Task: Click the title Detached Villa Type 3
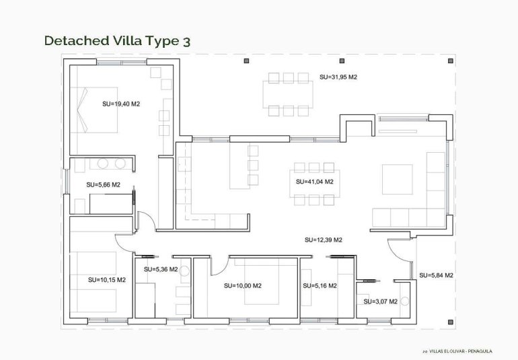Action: point(117,40)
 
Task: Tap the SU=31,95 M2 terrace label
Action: point(338,77)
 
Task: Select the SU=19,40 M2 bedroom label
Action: point(121,104)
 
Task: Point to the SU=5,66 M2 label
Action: point(103,184)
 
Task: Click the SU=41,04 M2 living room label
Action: point(315,182)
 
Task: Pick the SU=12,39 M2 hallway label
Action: point(324,240)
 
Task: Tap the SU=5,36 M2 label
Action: point(161,269)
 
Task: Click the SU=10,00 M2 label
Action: point(243,286)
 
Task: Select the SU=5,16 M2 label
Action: point(320,286)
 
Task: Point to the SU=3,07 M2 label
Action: point(380,301)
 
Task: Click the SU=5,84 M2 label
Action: point(436,275)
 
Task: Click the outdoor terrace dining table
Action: point(288,94)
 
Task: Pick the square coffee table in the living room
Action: point(398,179)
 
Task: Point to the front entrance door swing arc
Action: point(401,256)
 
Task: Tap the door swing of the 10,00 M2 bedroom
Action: point(218,266)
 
